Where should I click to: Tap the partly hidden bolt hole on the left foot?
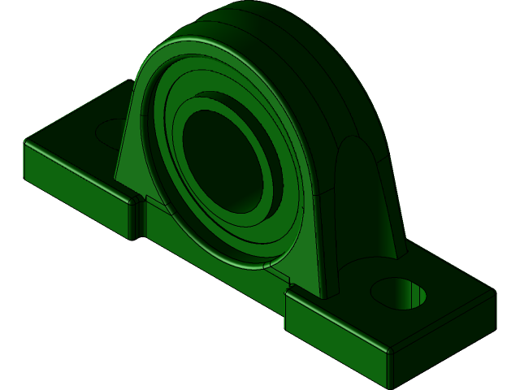pyautogui.click(x=110, y=132)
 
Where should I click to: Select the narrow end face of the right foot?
pyautogui.click(x=443, y=341)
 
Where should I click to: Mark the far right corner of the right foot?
pyautogui.click(x=492, y=292)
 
